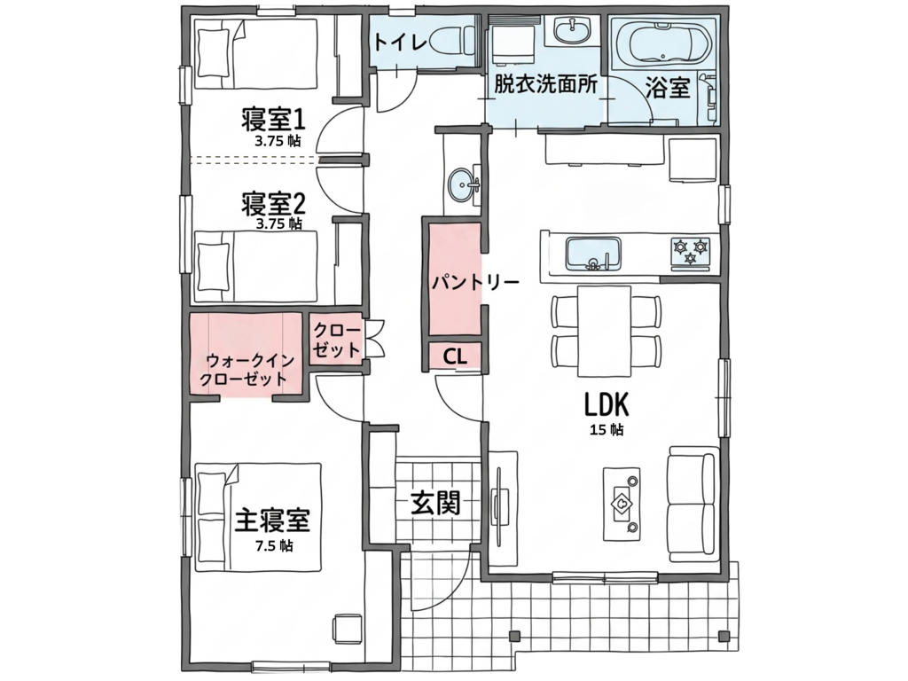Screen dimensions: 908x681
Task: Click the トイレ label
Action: pyautogui.click(x=400, y=42)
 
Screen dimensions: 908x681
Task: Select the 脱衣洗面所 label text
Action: pyautogui.click(x=545, y=86)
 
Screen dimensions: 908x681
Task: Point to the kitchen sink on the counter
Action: pyautogui.click(x=593, y=254)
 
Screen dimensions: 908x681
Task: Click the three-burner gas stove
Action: pyautogui.click(x=690, y=254)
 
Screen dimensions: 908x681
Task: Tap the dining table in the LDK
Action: pyautogui.click(x=604, y=331)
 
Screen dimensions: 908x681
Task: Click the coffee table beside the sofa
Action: pyautogui.click(x=622, y=504)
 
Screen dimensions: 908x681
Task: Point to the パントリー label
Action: pyautogui.click(x=475, y=282)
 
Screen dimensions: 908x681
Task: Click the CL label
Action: pyautogui.click(x=455, y=356)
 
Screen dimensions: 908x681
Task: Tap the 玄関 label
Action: pyautogui.click(x=435, y=503)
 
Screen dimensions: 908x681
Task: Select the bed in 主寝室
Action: pyautogui.click(x=258, y=517)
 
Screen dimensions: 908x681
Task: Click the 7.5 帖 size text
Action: pyautogui.click(x=273, y=546)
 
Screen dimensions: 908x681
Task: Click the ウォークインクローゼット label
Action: pyautogui.click(x=247, y=370)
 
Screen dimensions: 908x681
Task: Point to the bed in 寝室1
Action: pyautogui.click(x=255, y=54)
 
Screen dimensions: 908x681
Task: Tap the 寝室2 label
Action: pyautogui.click(x=273, y=203)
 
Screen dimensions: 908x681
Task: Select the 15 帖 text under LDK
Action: pyautogui.click(x=607, y=430)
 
